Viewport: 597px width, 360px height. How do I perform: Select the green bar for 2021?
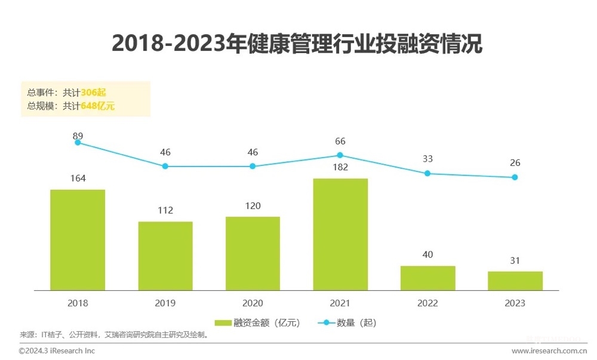coord(340,235)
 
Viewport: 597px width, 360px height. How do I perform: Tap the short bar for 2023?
coord(515,281)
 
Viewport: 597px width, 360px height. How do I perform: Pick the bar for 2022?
coord(427,278)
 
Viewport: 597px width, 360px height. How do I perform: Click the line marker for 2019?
coord(165,166)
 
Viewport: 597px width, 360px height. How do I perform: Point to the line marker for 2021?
coord(340,155)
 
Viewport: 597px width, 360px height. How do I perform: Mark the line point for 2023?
coord(515,177)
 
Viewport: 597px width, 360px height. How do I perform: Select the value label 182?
coord(340,167)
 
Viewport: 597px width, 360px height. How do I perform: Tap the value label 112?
coord(165,210)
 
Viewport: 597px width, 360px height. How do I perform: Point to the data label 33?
coord(427,159)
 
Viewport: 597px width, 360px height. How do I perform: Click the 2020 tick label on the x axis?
coord(253,303)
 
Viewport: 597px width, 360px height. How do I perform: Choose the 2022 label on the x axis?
coord(427,303)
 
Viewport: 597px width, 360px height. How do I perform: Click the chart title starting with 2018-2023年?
coord(297,44)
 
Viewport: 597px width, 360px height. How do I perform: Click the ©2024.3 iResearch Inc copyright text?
coord(57,351)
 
